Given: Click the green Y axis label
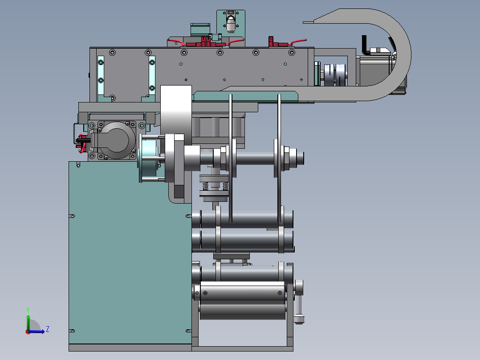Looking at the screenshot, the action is coord(28,310).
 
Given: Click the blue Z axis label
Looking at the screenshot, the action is coord(48,329).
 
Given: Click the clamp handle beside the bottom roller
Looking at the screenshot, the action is coord(299,302).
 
